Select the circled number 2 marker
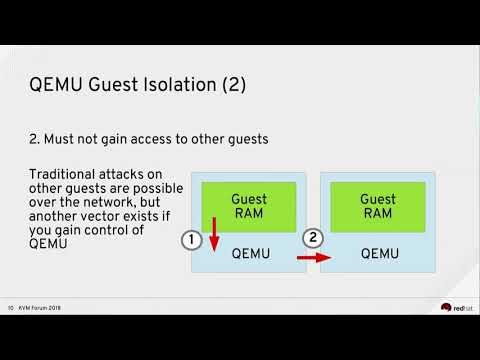click(x=313, y=238)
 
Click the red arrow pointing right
click(x=312, y=257)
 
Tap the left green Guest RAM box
click(x=249, y=207)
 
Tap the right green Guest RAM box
click(x=377, y=207)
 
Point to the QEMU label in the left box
click(x=250, y=254)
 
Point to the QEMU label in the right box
click(x=378, y=254)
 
